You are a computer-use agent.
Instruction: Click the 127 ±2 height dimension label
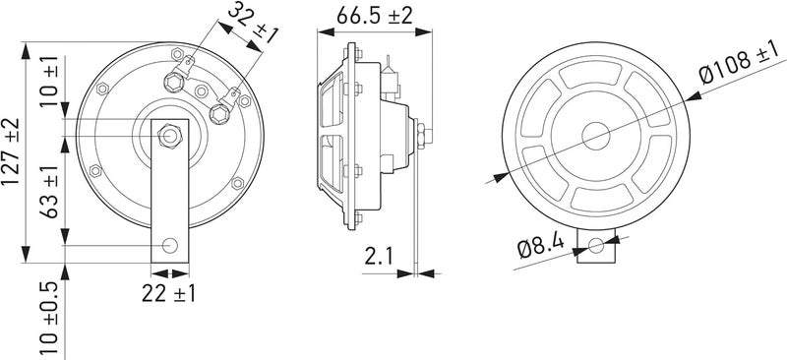[x=11, y=151]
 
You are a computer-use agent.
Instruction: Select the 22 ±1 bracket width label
[x=168, y=293]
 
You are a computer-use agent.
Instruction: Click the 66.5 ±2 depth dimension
[x=375, y=15]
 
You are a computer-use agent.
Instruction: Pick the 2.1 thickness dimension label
[x=379, y=256]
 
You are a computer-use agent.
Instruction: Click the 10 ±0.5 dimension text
[x=49, y=318]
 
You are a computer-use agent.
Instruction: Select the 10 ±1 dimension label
[x=49, y=81]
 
